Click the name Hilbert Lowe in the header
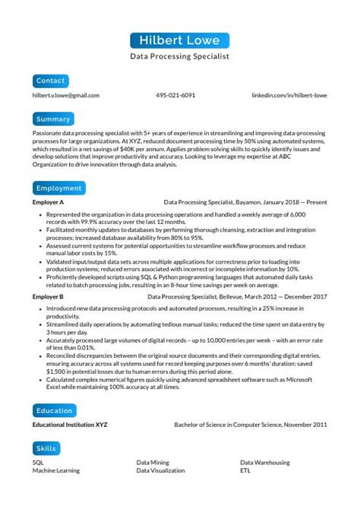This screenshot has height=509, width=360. [179, 40]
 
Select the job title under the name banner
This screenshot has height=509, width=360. [179, 56]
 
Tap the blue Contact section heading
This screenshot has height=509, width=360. [51, 81]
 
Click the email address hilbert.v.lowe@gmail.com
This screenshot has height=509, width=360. [66, 96]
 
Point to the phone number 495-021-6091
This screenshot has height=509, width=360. [175, 96]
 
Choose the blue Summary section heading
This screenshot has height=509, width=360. [53, 119]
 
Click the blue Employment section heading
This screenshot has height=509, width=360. [58, 188]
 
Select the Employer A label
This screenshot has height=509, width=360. [49, 203]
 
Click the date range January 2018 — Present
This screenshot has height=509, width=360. [295, 203]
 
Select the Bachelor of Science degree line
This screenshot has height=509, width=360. [251, 425]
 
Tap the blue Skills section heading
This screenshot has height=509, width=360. [47, 447]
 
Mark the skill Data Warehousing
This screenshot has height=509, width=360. [265, 462]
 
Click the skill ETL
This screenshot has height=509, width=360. [245, 470]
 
